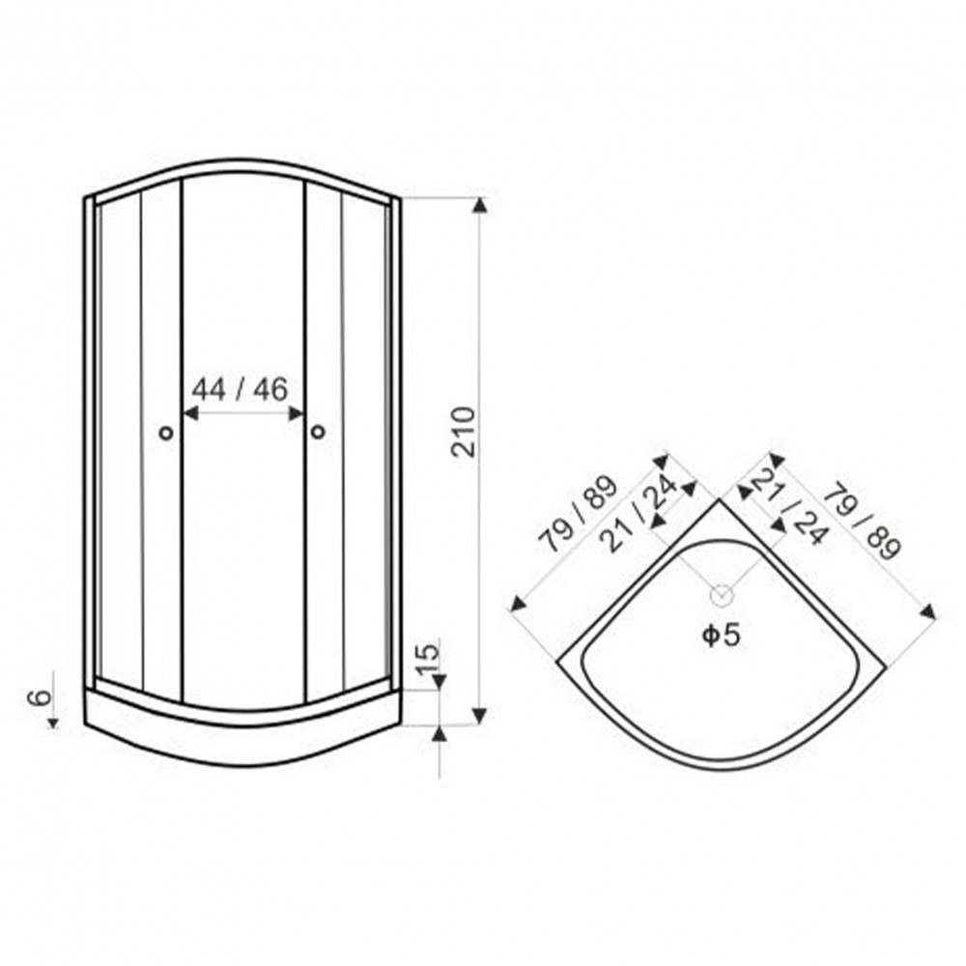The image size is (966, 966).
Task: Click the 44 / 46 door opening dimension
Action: (x=240, y=389)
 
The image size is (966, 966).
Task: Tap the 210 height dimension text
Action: (x=464, y=432)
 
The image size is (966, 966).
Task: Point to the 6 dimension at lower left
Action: (x=40, y=697)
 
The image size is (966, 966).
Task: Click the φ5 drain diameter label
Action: (x=721, y=636)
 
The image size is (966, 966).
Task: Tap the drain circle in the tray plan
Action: (x=722, y=594)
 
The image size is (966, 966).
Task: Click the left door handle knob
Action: (x=166, y=433)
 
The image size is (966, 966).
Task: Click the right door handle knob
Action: (x=318, y=432)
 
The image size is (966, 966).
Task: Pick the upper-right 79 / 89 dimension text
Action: (x=862, y=522)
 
